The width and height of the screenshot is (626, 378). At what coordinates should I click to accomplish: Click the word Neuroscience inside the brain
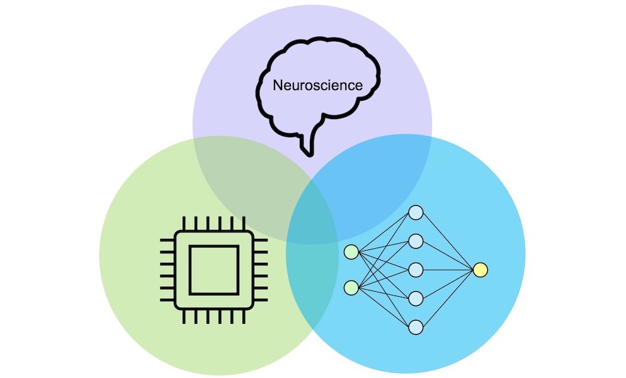(318, 85)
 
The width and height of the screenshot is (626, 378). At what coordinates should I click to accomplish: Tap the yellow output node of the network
(480, 270)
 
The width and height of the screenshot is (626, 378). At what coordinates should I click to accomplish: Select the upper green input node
(351, 252)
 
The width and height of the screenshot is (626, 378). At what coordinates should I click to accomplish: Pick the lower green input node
(351, 288)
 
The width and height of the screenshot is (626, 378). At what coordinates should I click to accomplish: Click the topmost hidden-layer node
(416, 212)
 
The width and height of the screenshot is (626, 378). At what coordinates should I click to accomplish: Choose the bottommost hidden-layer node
(416, 327)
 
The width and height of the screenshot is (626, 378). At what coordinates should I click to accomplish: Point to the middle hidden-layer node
(416, 270)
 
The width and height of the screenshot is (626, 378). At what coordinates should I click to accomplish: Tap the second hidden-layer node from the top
(416, 241)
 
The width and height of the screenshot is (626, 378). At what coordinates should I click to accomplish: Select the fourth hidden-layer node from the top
(416, 299)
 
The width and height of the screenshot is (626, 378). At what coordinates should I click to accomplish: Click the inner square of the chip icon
(214, 270)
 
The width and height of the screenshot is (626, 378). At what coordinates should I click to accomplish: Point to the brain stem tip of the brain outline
(309, 154)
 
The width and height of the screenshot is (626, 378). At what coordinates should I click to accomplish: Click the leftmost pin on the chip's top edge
(184, 224)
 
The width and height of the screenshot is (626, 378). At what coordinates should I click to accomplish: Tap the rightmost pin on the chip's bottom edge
(244, 316)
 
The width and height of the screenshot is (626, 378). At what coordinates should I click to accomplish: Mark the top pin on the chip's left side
(168, 240)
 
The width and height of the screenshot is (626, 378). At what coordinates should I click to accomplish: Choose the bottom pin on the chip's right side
(260, 300)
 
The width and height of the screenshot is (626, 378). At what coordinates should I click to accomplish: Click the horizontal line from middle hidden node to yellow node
(448, 270)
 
